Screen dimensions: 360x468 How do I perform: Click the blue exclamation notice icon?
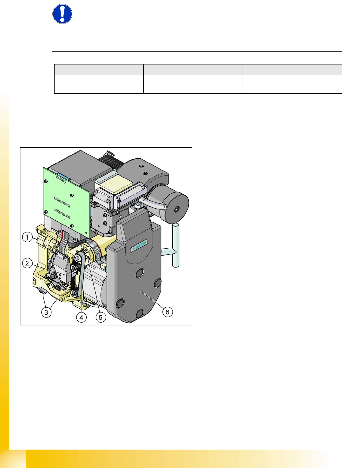coord(62,14)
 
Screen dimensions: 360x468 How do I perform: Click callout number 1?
coord(27,237)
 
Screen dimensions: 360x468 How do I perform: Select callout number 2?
coord(27,263)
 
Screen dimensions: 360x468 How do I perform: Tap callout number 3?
coord(46,312)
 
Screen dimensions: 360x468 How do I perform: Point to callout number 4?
coord(81,317)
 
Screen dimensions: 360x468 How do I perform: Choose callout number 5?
coord(101,317)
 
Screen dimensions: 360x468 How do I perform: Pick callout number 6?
coord(167,312)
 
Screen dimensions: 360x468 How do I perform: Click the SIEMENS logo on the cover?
coord(139,245)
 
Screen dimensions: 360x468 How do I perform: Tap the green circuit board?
coord(67,203)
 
